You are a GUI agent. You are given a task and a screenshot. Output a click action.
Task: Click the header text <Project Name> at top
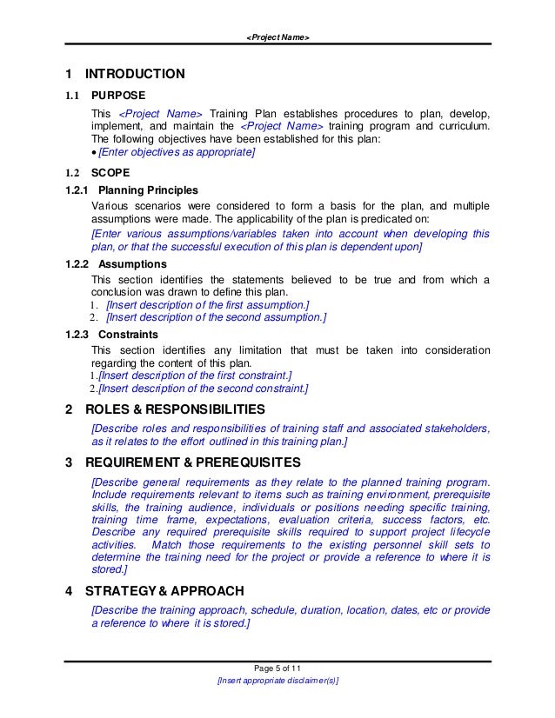pyautogui.click(x=277, y=37)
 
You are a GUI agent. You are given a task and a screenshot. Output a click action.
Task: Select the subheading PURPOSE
pyautogui.click(x=118, y=96)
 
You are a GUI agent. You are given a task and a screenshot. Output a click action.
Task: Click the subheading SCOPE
pyautogui.click(x=110, y=172)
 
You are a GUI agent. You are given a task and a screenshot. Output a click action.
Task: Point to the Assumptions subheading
pyautogui.click(x=133, y=263)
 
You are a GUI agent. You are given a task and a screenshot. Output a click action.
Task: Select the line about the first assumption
pyautogui.click(x=205, y=304)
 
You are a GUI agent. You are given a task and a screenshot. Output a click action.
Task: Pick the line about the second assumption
pyautogui.click(x=216, y=317)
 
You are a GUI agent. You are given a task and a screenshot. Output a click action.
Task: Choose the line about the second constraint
pyautogui.click(x=203, y=388)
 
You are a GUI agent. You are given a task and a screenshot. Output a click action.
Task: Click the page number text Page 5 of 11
pyautogui.click(x=277, y=666)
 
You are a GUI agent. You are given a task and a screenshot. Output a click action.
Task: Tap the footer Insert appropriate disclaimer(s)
pyautogui.click(x=277, y=681)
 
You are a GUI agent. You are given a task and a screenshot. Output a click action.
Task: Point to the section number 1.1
pyautogui.click(x=73, y=96)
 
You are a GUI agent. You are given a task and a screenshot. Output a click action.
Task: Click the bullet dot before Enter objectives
pyautogui.click(x=95, y=153)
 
